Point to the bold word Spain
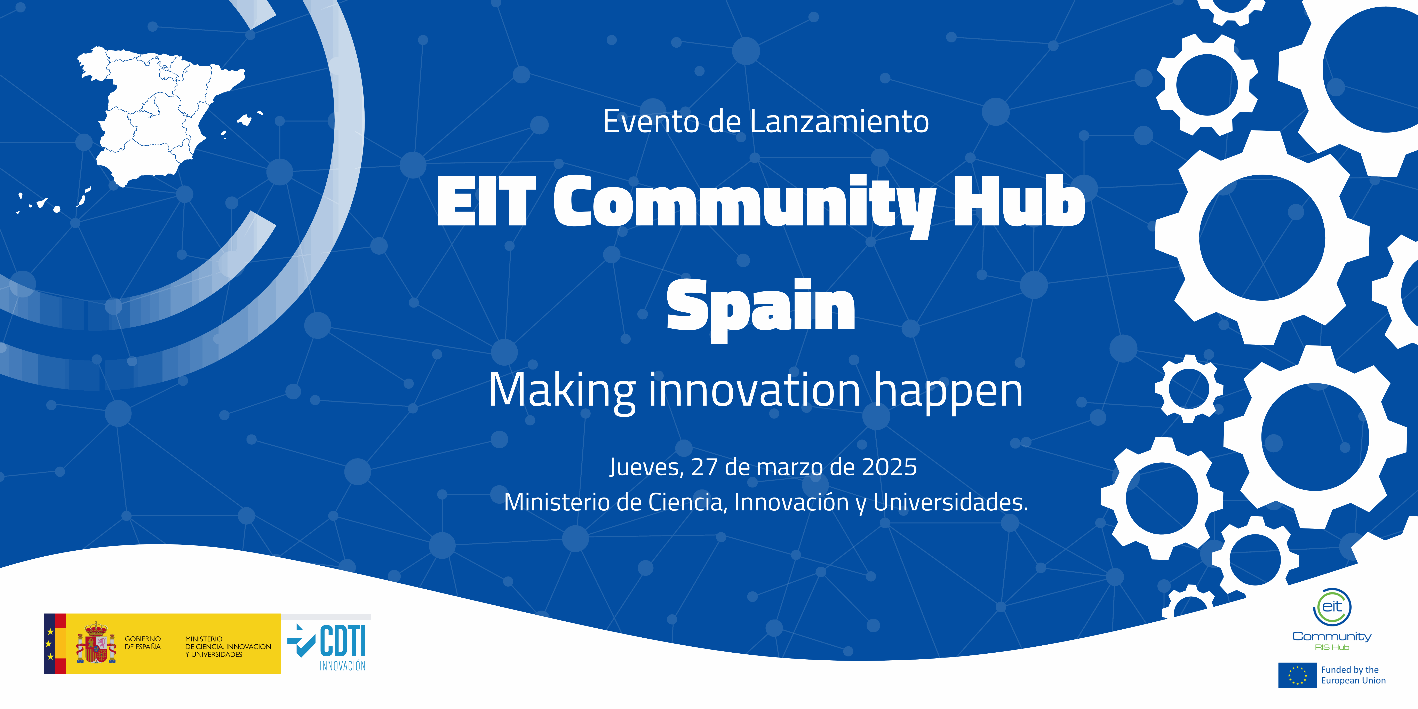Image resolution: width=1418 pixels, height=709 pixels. pyautogui.click(x=761, y=307)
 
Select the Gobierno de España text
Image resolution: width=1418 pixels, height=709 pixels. pyautogui.click(x=143, y=643)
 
